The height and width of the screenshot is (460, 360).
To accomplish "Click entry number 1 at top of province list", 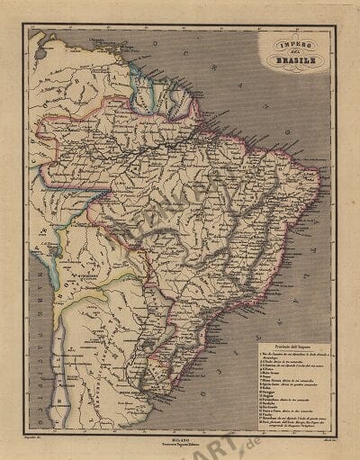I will point(288,353).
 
